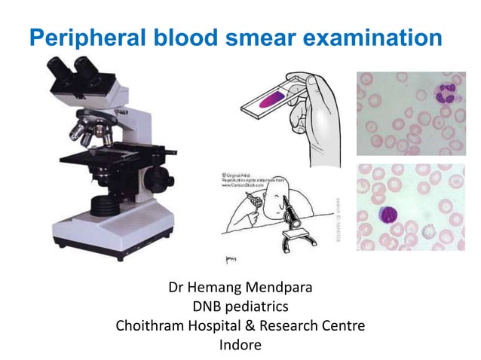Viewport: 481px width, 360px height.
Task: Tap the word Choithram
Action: pyautogui.click(x=150, y=327)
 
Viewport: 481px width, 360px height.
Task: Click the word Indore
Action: pyautogui.click(x=240, y=346)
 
